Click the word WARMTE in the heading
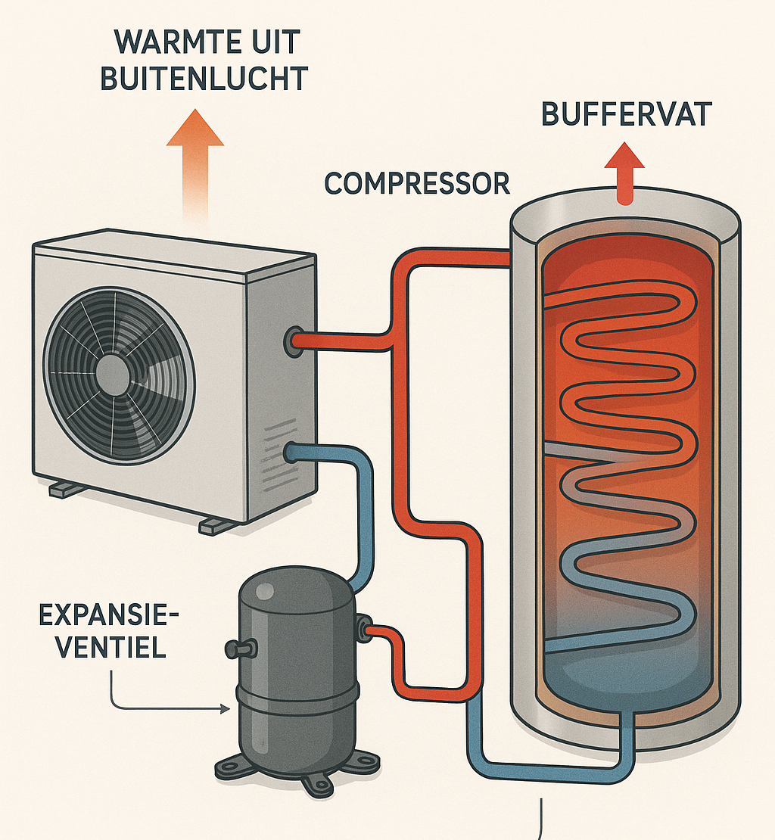[x=156, y=42]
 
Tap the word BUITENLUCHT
[x=204, y=78]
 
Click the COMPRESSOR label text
[x=417, y=183]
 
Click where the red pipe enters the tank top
[x=511, y=257]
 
